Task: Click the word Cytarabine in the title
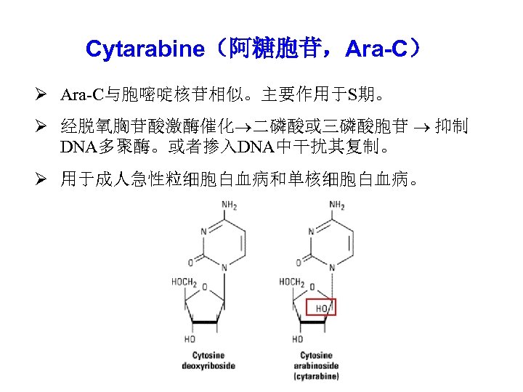(145, 49)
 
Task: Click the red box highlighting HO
(322, 308)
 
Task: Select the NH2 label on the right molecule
(336, 205)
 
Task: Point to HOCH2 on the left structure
(184, 282)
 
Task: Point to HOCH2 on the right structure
(292, 282)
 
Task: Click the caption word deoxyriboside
(208, 366)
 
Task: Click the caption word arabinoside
(317, 366)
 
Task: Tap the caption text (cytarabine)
(317, 376)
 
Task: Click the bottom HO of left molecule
(189, 339)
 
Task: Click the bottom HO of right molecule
(297, 339)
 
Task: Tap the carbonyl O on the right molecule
(304, 257)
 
